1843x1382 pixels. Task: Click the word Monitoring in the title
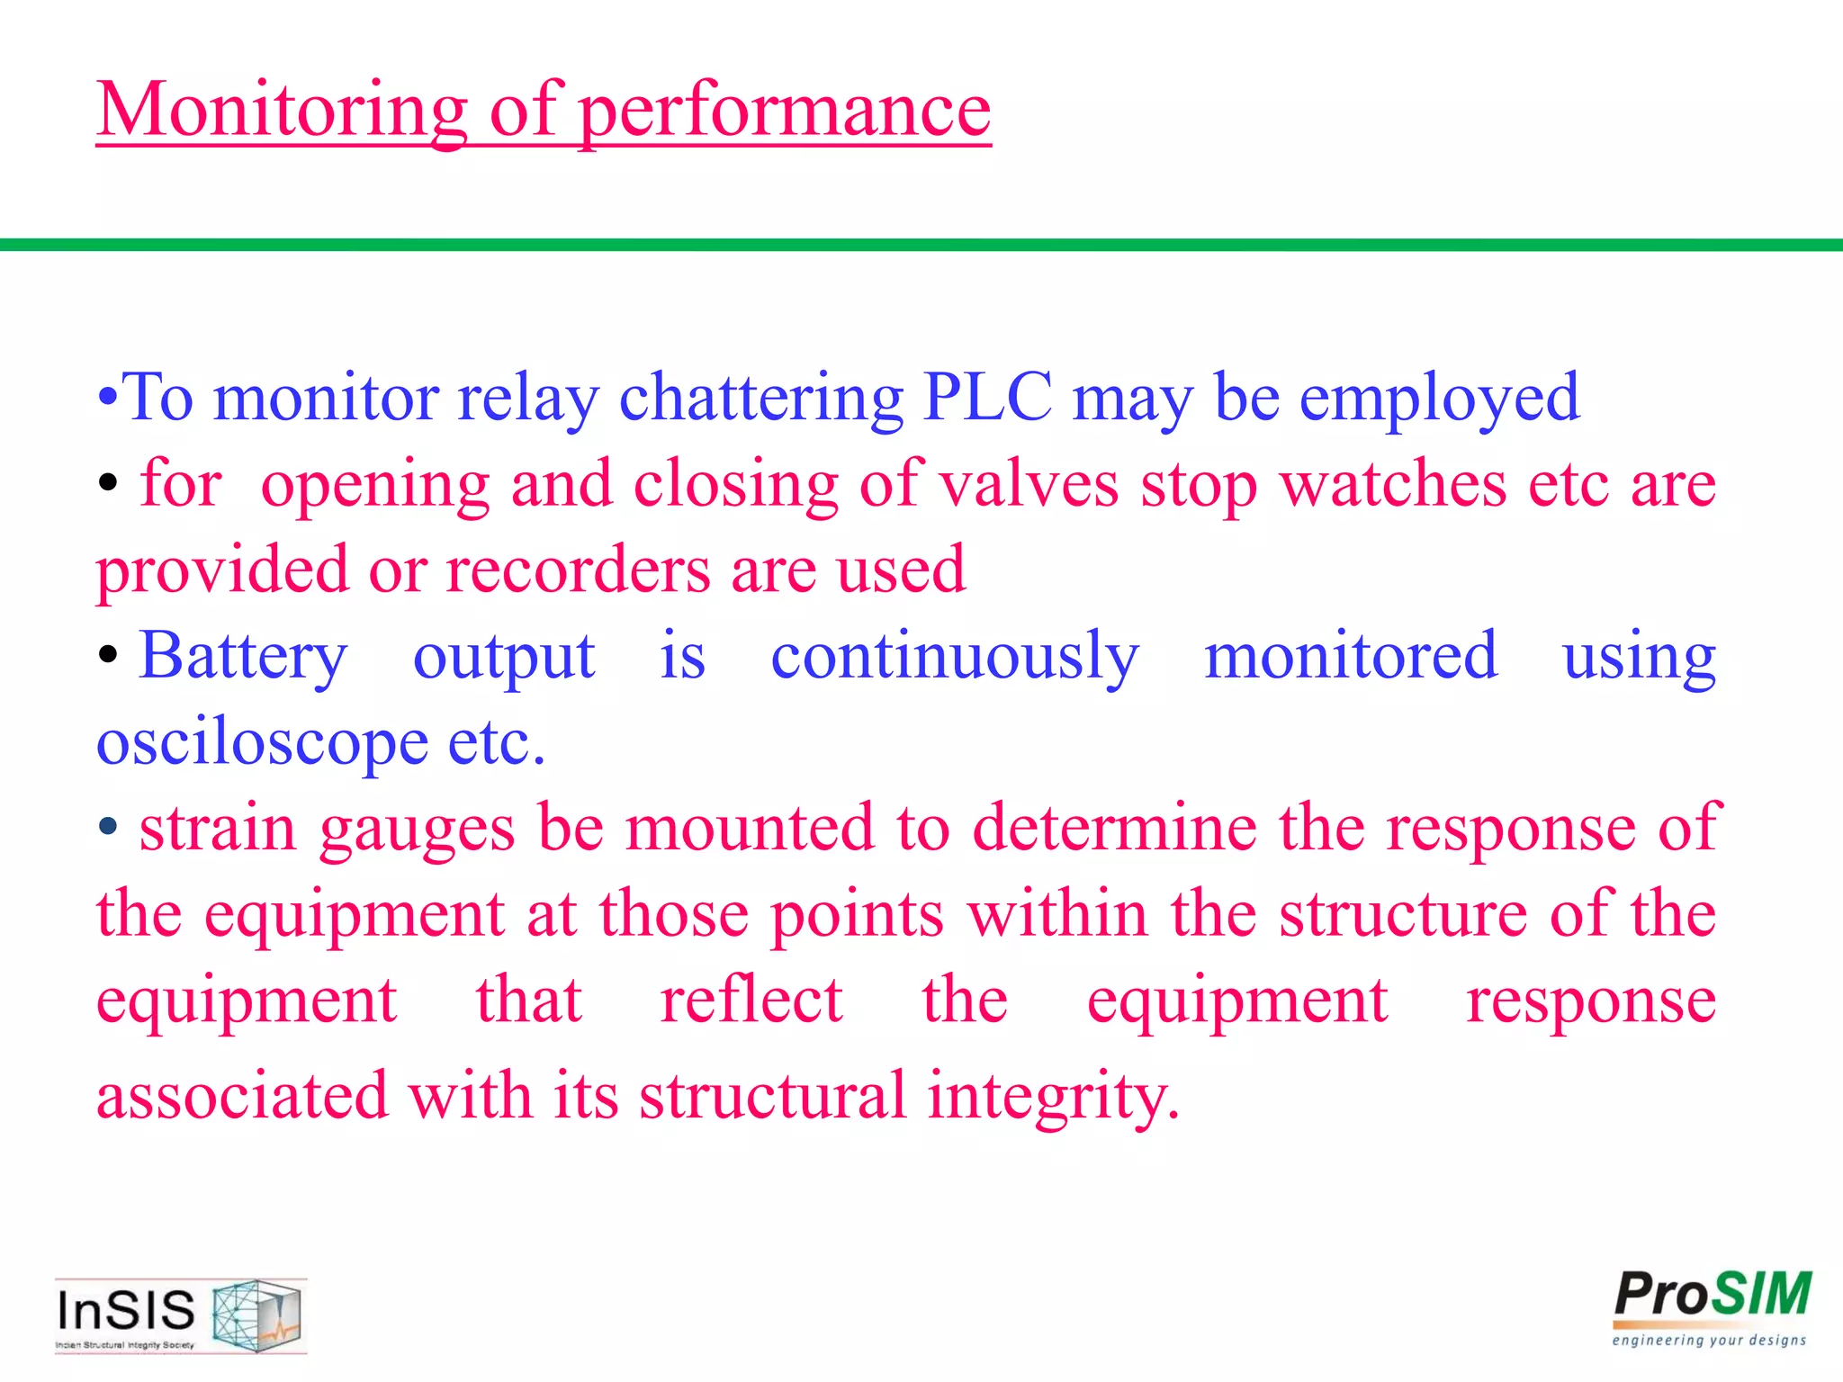coord(282,110)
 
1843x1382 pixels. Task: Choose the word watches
coord(1392,483)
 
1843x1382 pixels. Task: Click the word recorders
coord(578,570)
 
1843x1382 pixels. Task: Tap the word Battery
coord(243,656)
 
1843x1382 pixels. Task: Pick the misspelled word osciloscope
coord(263,743)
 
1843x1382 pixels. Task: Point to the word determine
coord(1115,827)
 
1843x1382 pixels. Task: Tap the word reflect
coord(751,1000)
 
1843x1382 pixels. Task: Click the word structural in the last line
coord(772,1095)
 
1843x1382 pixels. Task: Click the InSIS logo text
coord(126,1310)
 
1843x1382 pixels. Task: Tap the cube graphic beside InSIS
coord(257,1315)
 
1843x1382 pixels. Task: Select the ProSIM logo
coord(1712,1296)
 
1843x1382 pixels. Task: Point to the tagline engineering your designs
coord(1709,1341)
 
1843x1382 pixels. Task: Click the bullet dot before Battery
coord(108,656)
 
